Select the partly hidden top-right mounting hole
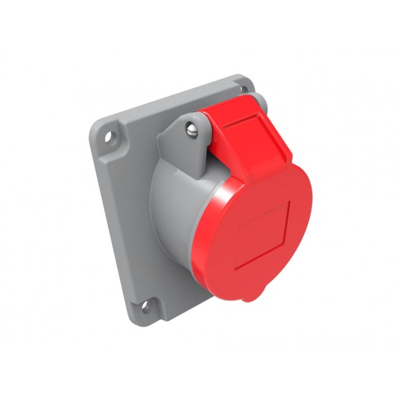[244, 89]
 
